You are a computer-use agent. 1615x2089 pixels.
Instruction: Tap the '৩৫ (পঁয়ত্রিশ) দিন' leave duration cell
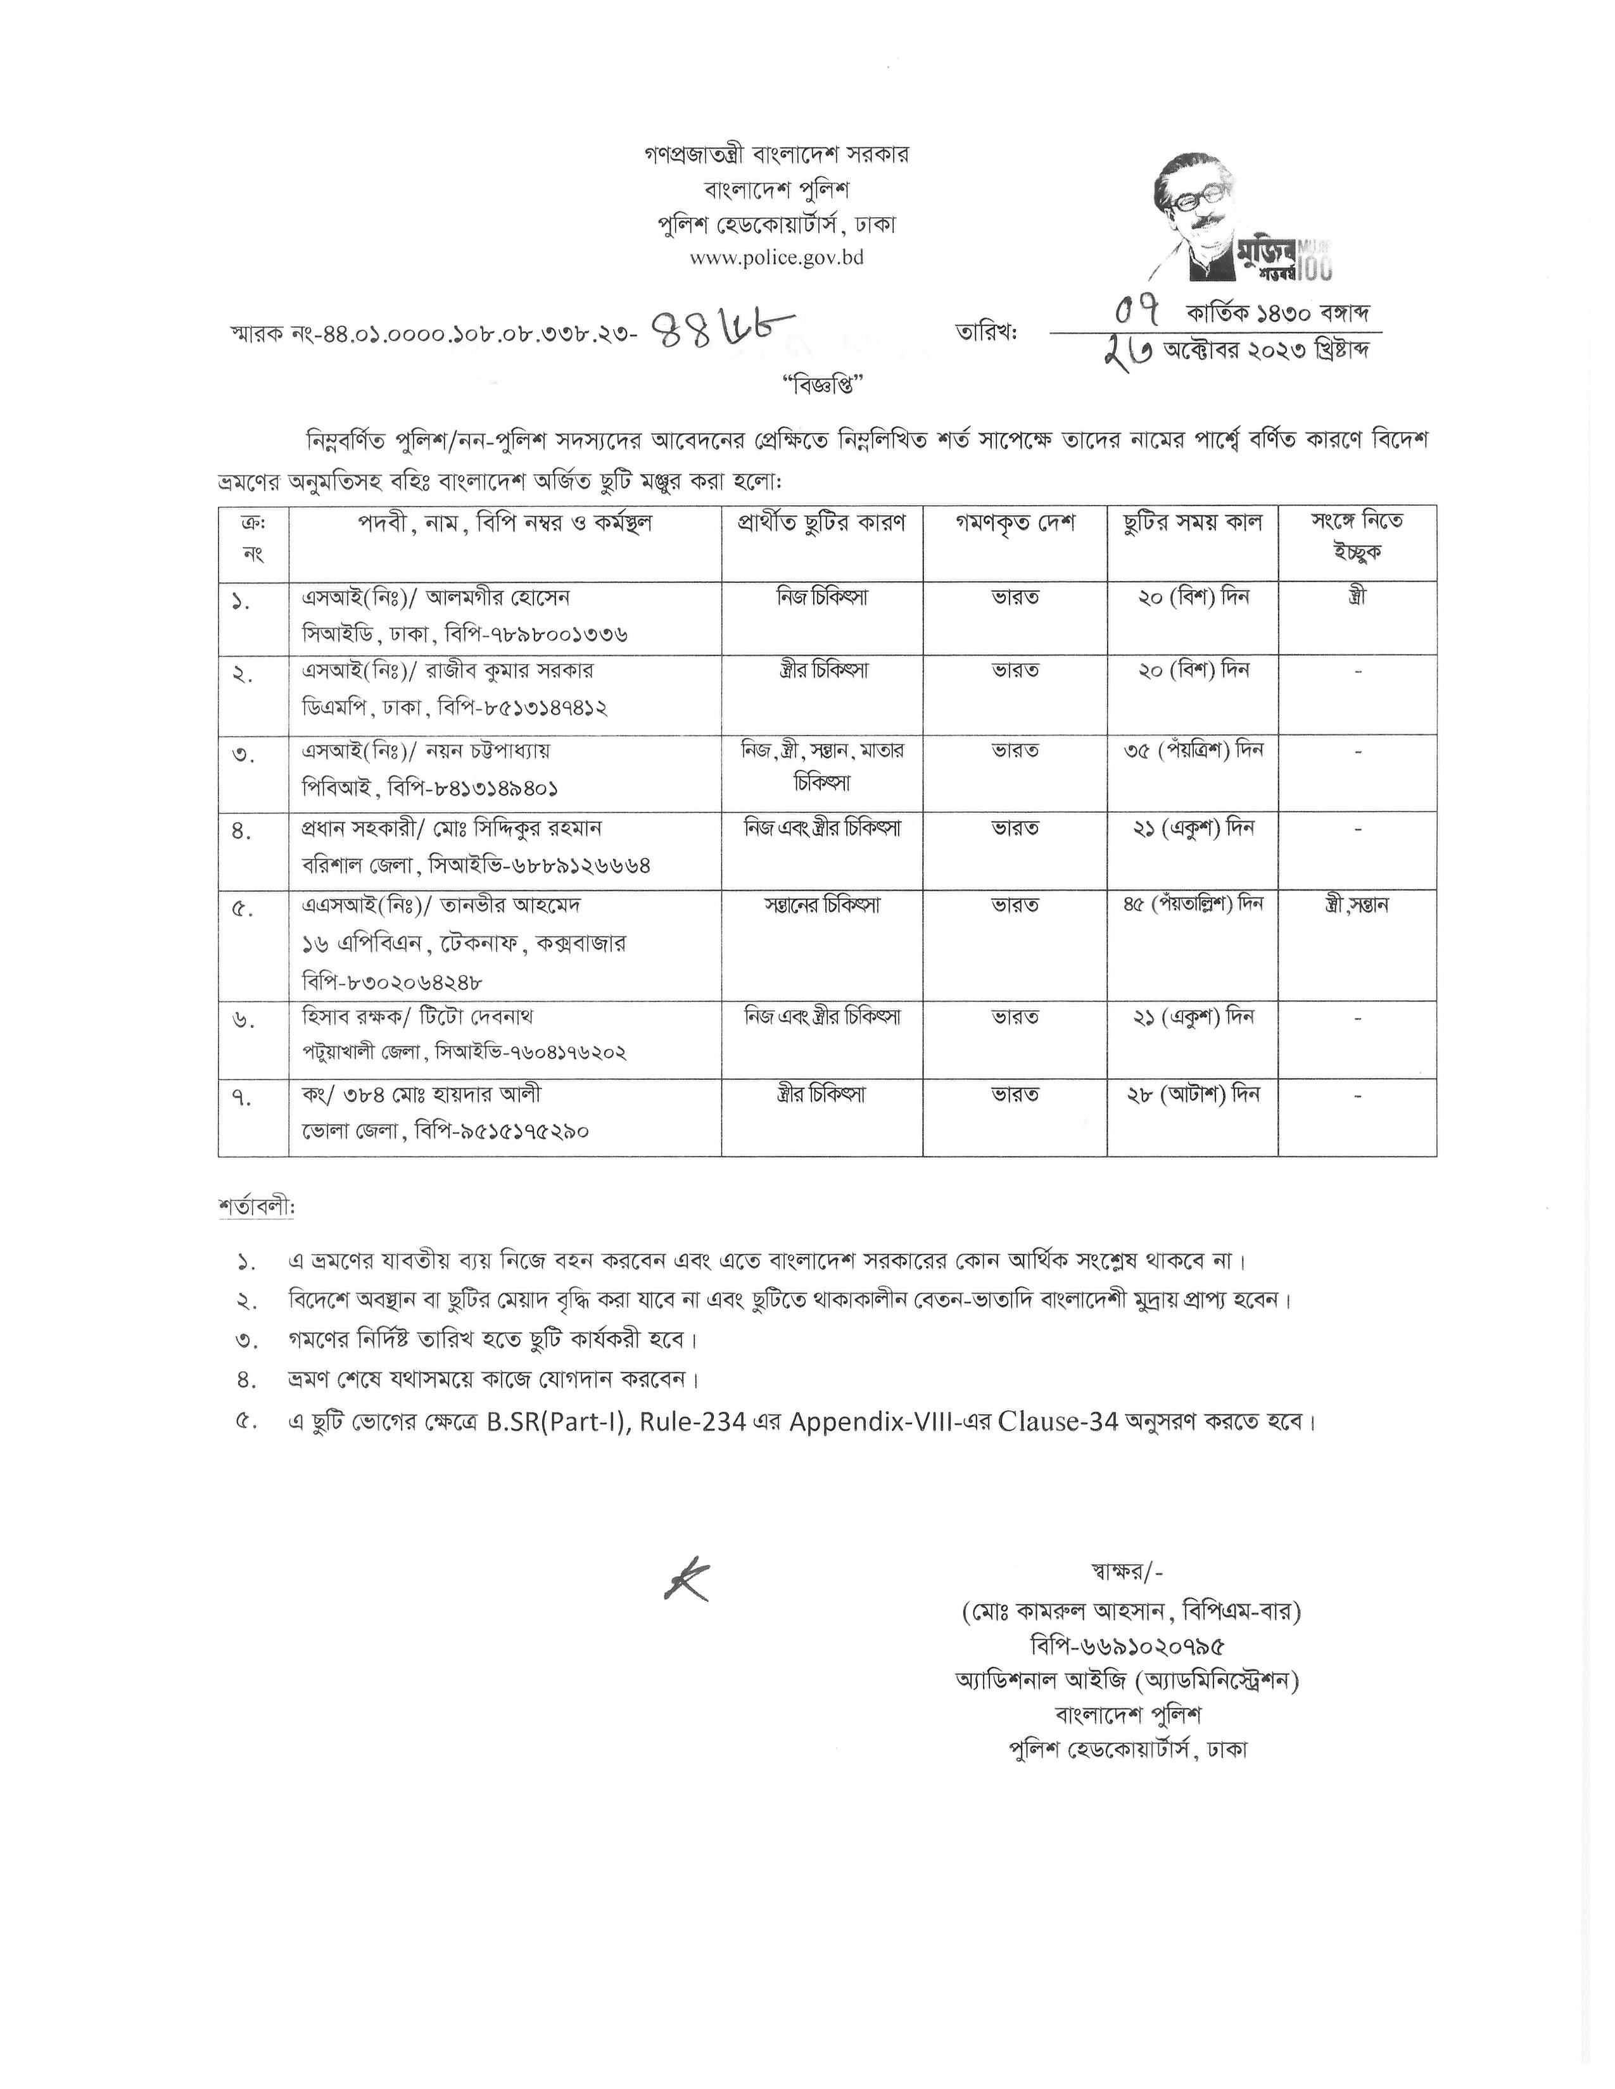[x=1193, y=750]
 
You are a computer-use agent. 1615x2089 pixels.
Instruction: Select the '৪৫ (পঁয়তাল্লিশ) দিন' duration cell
[x=1193, y=904]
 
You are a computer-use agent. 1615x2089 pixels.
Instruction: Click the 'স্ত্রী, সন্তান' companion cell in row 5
[x=1357, y=904]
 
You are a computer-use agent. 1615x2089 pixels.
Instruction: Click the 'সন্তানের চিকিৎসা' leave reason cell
[x=822, y=904]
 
